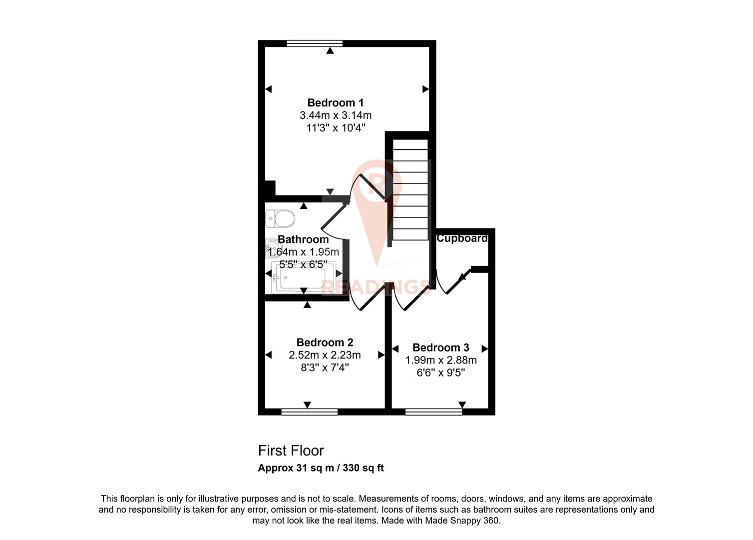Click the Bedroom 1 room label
point(335,103)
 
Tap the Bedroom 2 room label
point(325,342)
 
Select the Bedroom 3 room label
point(440,347)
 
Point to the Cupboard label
point(462,238)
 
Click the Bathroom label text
point(303,239)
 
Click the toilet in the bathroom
point(281,218)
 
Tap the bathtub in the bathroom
point(304,276)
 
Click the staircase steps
point(410,195)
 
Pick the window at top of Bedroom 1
point(315,43)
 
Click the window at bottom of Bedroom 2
point(310,412)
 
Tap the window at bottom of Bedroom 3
point(433,412)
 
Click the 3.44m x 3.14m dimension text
point(335,115)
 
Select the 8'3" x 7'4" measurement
point(325,368)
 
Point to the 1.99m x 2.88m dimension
point(440,360)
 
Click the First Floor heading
point(291,451)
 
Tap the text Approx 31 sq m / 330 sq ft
point(321,468)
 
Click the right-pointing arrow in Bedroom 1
point(425,89)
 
